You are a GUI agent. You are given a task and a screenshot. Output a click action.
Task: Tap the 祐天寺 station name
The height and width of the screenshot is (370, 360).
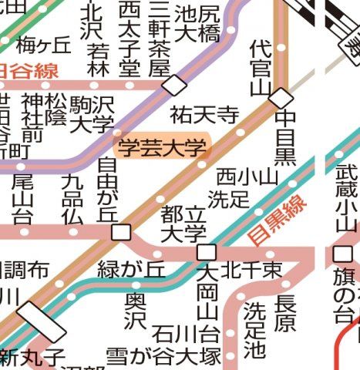pyautogui.click(x=205, y=116)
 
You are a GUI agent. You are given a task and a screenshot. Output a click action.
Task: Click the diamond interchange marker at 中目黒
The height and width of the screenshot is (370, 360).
pyautogui.click(x=281, y=98)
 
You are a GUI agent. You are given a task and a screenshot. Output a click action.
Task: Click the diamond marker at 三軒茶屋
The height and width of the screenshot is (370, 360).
pyautogui.click(x=175, y=85)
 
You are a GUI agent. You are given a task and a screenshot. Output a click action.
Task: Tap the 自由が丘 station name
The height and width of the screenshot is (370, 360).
pyautogui.click(x=108, y=189)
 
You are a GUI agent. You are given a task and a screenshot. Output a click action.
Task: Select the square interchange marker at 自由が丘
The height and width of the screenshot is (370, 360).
pyautogui.click(x=121, y=233)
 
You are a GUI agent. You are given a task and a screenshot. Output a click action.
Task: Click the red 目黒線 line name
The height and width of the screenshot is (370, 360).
pyautogui.click(x=278, y=220)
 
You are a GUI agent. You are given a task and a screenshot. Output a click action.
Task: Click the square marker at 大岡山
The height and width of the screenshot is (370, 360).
pyautogui.click(x=206, y=253)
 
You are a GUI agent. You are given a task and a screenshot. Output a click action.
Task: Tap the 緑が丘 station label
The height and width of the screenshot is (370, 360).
pyautogui.click(x=131, y=270)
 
